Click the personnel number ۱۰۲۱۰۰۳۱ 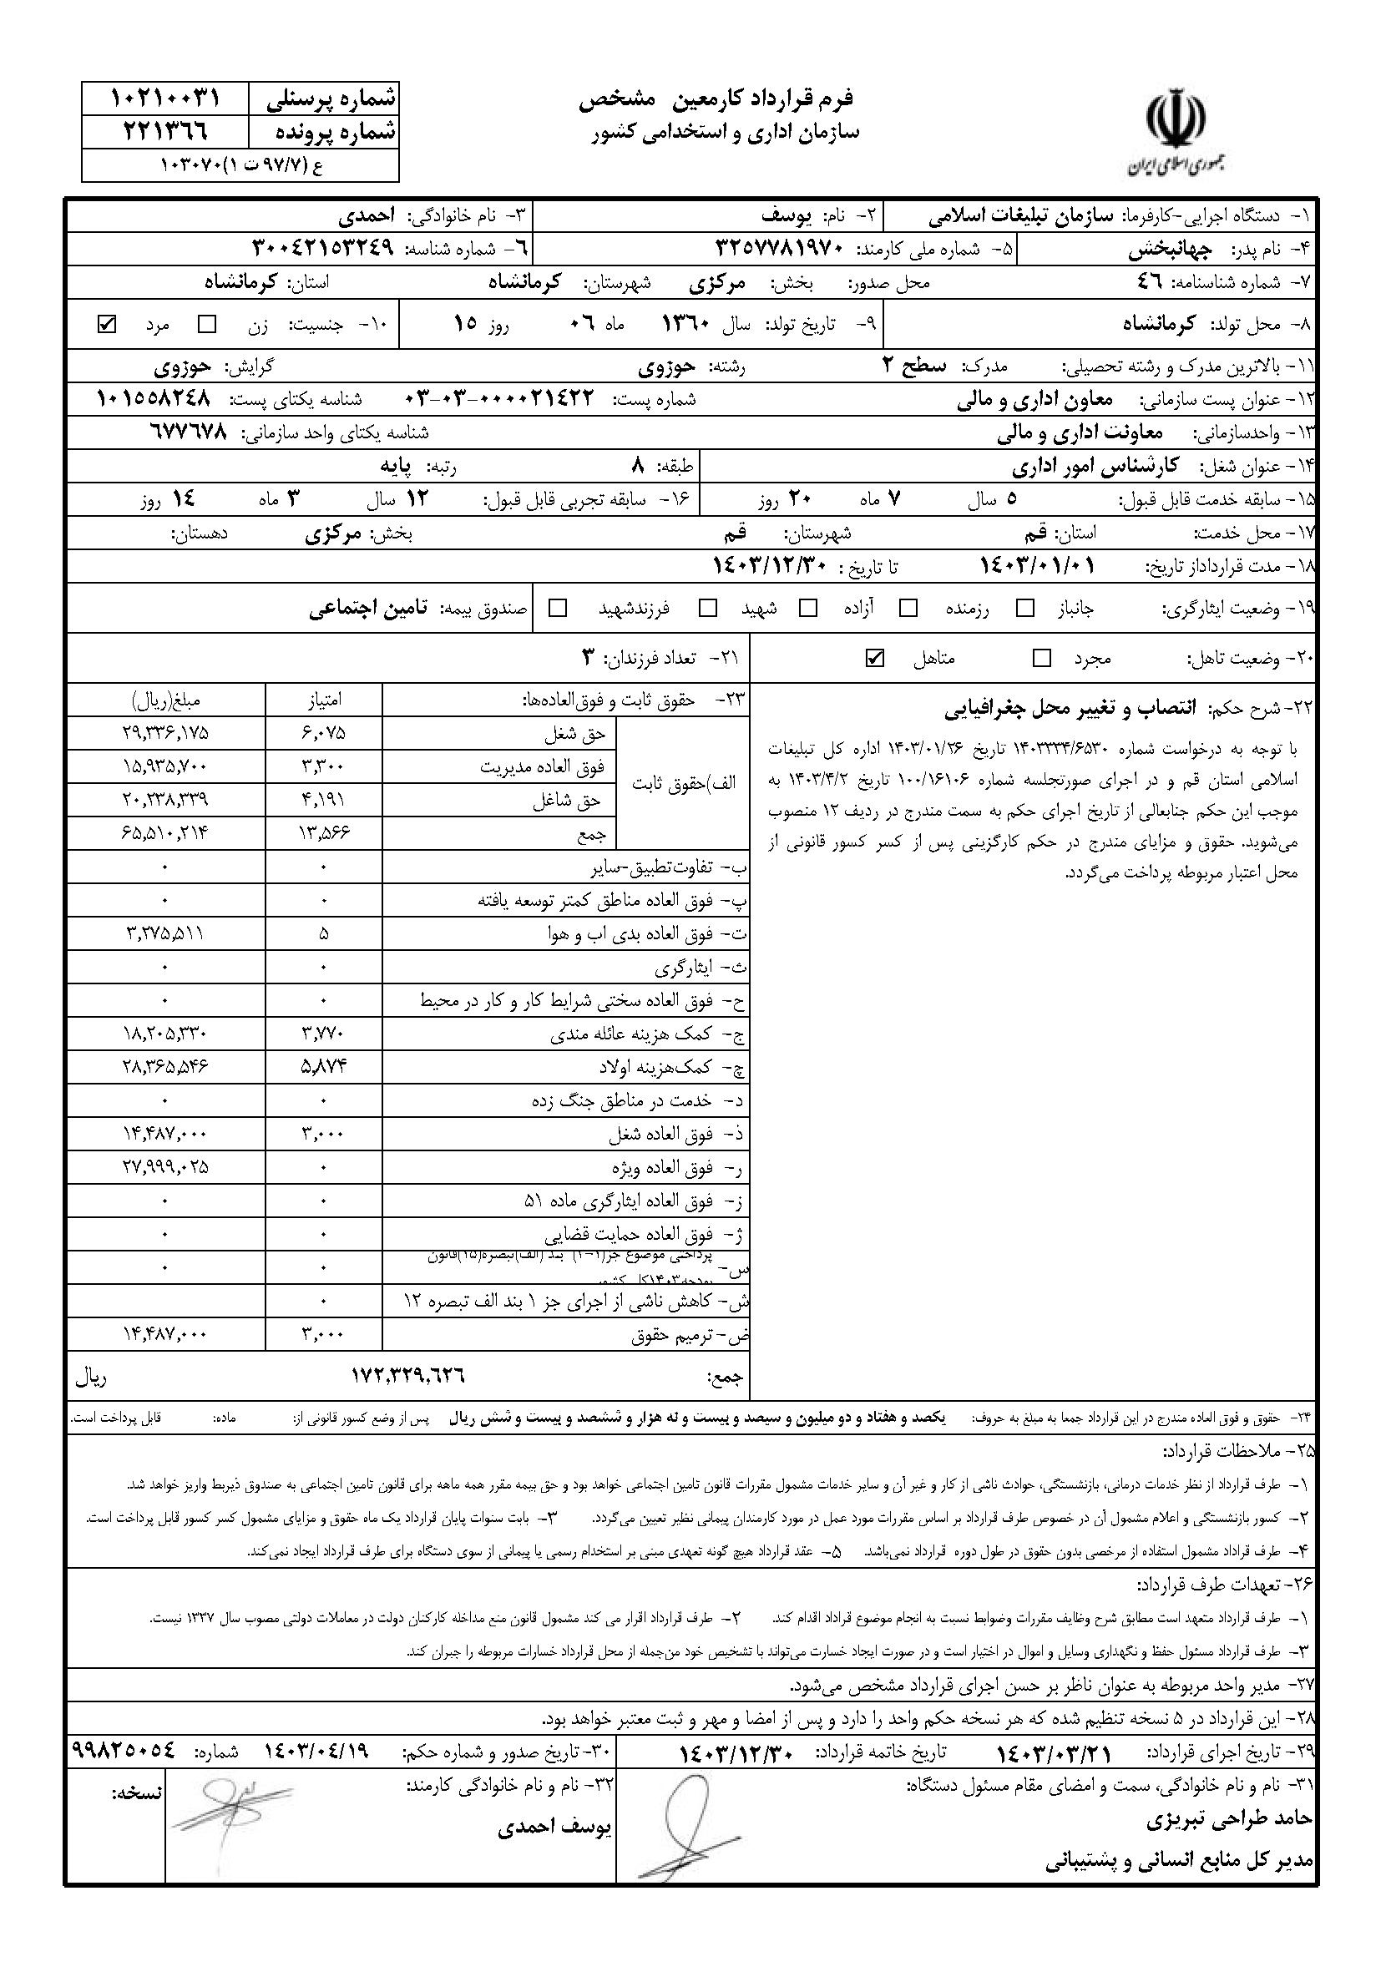point(164,99)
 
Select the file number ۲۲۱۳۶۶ point(164,133)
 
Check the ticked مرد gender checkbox point(108,325)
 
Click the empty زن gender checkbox point(207,325)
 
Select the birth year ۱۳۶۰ point(685,325)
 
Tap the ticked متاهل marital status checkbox point(874,658)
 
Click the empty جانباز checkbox point(1026,609)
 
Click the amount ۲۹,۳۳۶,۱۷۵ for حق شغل point(165,733)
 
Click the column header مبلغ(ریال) point(165,700)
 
